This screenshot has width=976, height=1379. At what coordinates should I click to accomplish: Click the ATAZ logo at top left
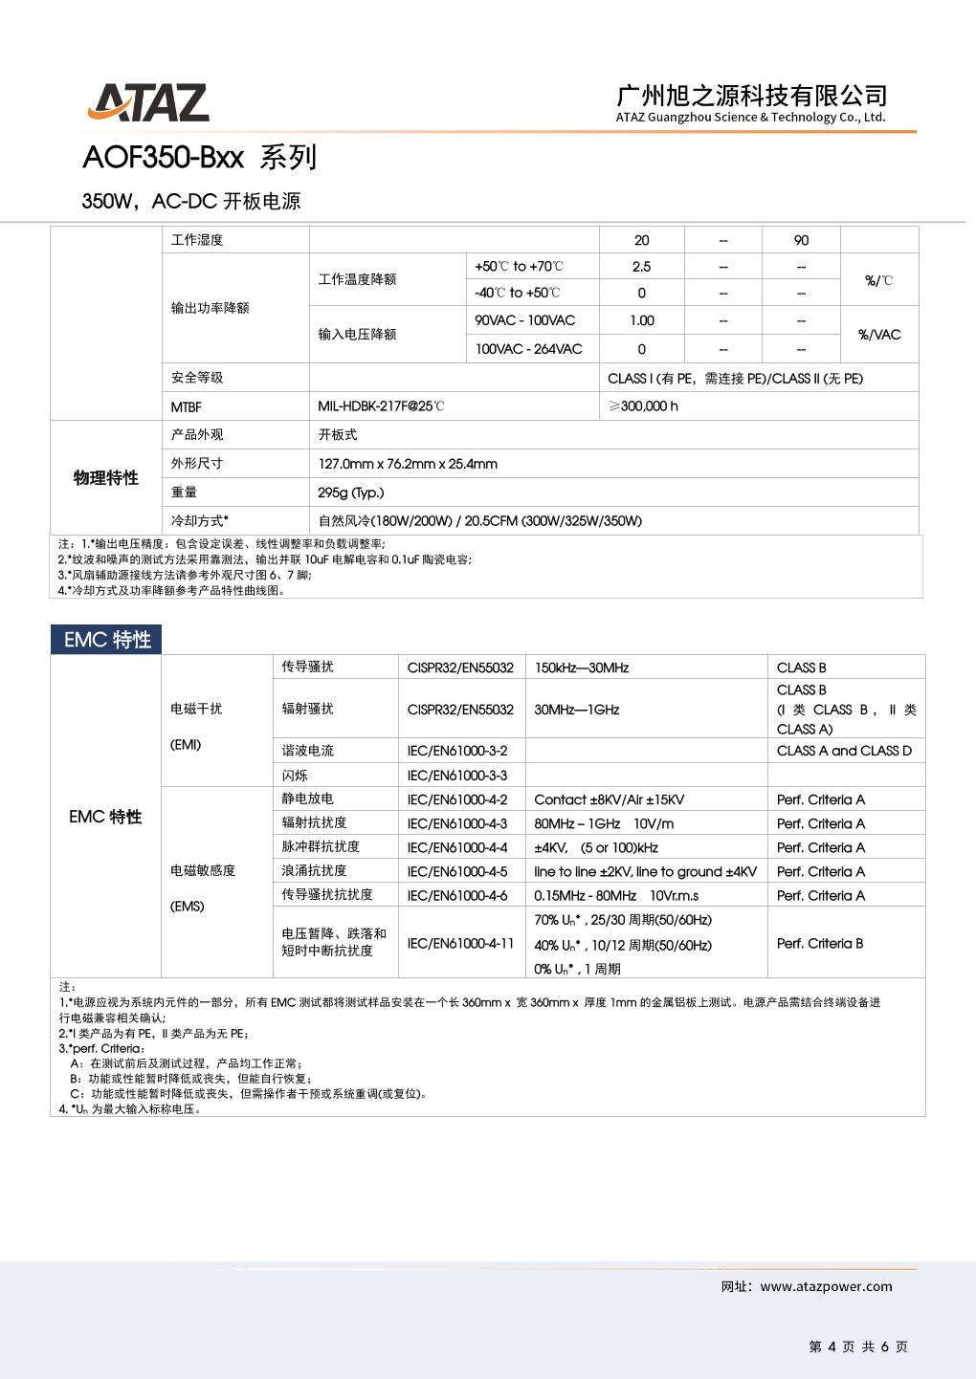point(148,102)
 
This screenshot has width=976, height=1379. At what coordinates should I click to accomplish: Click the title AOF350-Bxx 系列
point(199,157)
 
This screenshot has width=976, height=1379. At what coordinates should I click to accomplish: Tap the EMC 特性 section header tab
point(107,640)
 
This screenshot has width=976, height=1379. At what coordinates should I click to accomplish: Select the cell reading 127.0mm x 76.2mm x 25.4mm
point(408,464)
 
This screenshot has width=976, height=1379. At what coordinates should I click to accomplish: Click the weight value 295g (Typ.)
point(351,492)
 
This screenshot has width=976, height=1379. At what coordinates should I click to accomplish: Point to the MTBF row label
point(187,406)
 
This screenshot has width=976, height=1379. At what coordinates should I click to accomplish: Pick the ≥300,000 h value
point(643,406)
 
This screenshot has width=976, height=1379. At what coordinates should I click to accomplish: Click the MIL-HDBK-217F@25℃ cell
point(381,406)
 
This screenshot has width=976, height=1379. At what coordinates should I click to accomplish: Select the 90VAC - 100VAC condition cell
point(525,320)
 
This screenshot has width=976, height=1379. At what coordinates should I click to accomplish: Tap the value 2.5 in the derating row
point(641,267)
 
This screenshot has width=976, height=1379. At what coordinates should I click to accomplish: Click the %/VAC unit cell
point(878,335)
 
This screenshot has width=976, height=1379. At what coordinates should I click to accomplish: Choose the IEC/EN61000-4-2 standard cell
point(457,799)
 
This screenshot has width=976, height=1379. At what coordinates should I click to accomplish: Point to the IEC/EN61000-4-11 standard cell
point(460,943)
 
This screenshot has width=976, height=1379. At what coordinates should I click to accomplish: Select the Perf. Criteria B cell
point(820,943)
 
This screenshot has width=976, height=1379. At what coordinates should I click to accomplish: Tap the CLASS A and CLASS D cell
point(844,751)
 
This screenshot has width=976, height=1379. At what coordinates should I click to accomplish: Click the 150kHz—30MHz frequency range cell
point(581,668)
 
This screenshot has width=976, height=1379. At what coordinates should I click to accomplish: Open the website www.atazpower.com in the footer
point(826,1286)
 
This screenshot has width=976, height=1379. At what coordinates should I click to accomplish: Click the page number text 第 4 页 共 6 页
point(857,1346)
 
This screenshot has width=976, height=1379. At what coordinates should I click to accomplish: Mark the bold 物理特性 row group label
point(105,478)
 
